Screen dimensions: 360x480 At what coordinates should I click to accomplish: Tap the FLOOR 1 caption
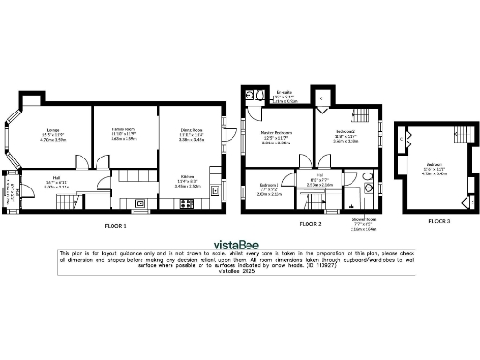(116, 225)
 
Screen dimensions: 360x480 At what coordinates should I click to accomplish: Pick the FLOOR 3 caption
(439, 220)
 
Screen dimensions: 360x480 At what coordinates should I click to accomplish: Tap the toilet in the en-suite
(253, 96)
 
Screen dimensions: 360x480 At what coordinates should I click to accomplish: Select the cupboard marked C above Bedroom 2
(321, 97)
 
